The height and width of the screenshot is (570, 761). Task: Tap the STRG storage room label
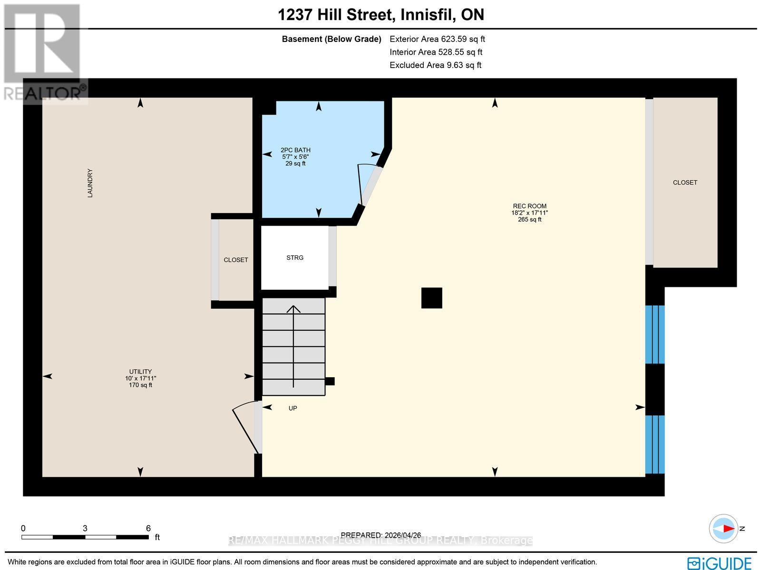295,257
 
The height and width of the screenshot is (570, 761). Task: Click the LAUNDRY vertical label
90,183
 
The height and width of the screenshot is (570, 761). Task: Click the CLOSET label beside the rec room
685,182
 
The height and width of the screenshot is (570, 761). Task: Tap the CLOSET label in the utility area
236,260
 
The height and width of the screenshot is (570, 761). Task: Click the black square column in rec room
432,298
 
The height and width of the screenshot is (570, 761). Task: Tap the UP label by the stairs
293,408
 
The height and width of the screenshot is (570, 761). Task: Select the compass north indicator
725,528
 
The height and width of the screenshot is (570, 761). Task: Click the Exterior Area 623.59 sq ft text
437,39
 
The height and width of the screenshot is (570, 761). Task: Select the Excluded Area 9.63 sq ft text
435,65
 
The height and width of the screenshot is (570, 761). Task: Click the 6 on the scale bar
148,528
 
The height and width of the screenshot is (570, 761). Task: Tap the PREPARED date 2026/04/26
381,535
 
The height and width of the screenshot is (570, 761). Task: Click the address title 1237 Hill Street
380,15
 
